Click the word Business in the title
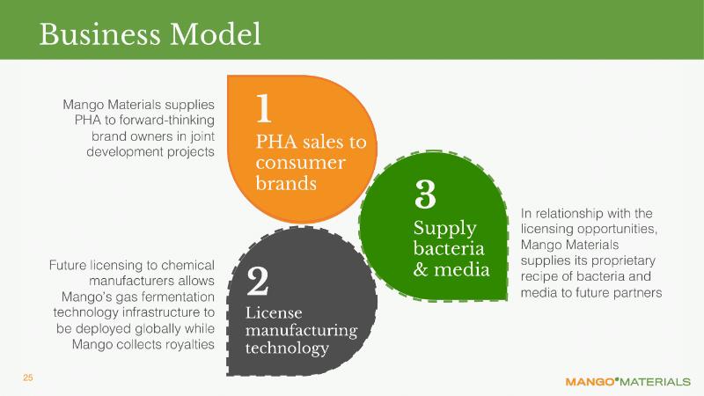click(x=99, y=34)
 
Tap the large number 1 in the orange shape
click(x=264, y=108)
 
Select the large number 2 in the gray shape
click(x=258, y=281)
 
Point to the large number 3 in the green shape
click(x=425, y=194)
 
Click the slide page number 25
click(x=28, y=378)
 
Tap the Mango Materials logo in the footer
click(x=627, y=382)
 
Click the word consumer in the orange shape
click(x=300, y=163)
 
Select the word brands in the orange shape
click(x=286, y=183)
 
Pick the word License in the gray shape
click(x=274, y=312)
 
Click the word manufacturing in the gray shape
click(x=301, y=331)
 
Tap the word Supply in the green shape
click(x=444, y=229)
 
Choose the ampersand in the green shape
click(x=421, y=269)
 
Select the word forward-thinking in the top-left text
click(x=166, y=121)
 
